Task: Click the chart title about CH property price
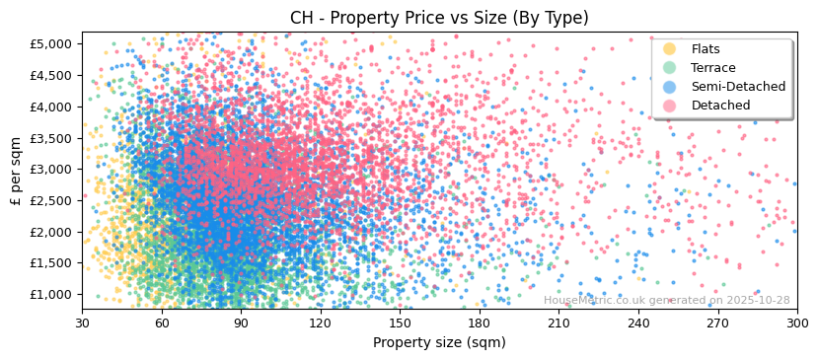coord(439,18)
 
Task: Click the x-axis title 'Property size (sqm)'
coord(439,343)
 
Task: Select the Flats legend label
coord(706,49)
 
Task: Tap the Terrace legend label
coord(713,68)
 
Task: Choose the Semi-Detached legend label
coord(738,87)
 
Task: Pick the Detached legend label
coord(720,106)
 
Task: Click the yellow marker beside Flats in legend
coord(670,49)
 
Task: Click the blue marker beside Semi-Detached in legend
coord(670,87)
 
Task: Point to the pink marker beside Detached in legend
coord(670,106)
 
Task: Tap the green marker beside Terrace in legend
coord(670,68)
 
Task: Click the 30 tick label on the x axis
coord(83,324)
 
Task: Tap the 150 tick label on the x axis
coord(400,324)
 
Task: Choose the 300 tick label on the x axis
coord(797,324)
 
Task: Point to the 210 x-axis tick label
coord(558,324)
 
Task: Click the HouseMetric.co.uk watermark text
coord(666,301)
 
